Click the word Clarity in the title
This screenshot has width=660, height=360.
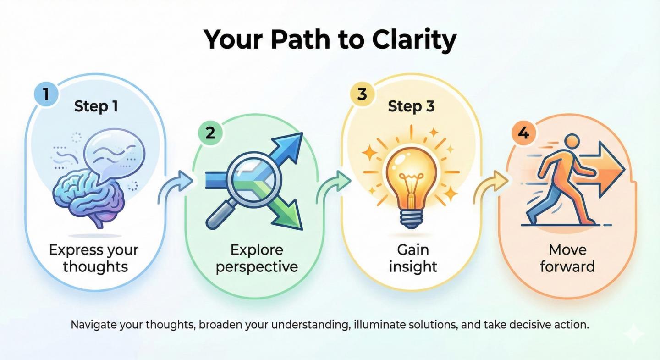(x=414, y=39)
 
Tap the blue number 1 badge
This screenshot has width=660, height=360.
(x=45, y=94)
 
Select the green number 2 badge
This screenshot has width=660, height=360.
(x=210, y=133)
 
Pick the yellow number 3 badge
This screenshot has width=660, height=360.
(x=362, y=94)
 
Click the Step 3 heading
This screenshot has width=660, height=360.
(x=411, y=107)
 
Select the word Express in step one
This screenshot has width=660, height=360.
(x=76, y=250)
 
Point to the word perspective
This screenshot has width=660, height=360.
(x=257, y=267)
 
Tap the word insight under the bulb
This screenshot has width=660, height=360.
(x=413, y=267)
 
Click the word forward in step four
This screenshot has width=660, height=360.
(x=567, y=266)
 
